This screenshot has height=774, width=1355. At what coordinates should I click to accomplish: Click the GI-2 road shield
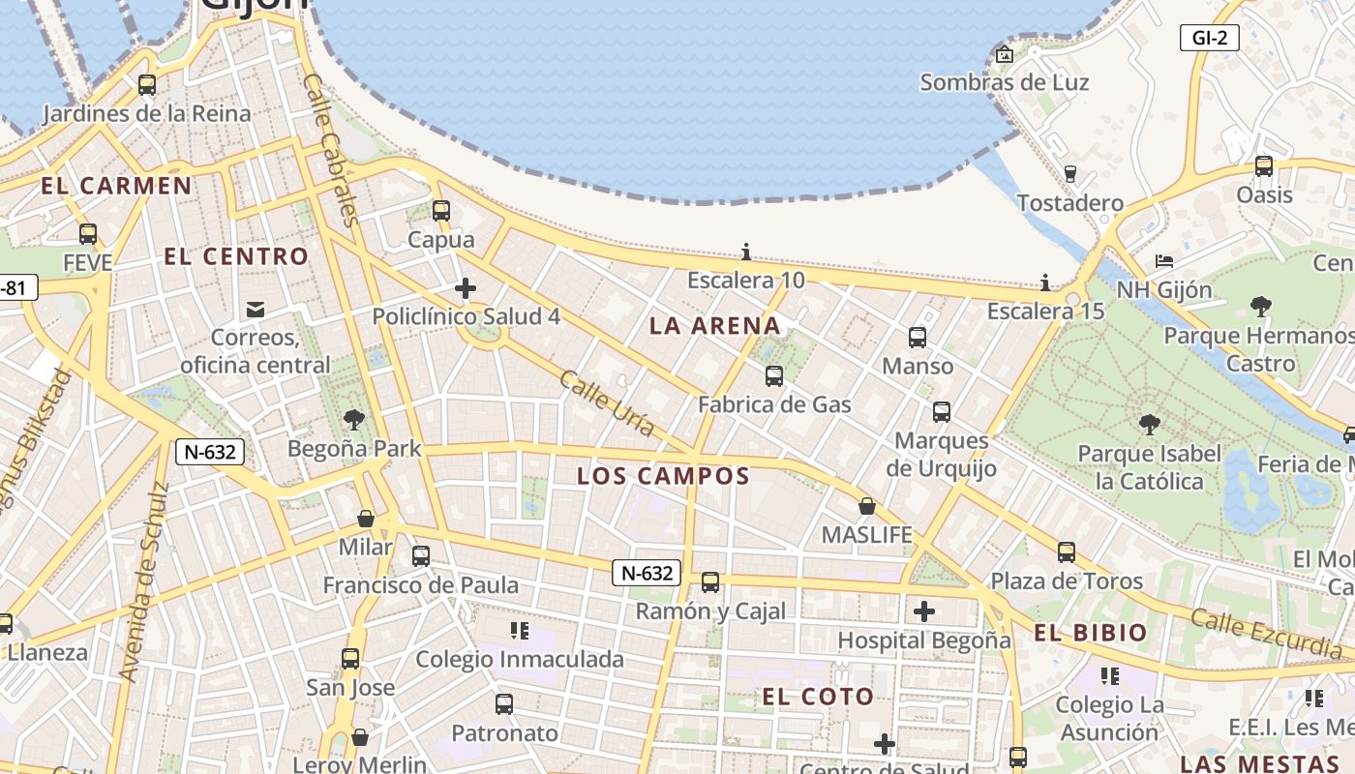pos(1210,38)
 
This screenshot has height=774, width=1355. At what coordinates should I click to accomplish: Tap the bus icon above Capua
pos(441,210)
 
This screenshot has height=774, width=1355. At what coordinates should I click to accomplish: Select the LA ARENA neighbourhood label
pos(714,326)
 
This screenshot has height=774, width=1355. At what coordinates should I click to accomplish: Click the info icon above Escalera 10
pos(745,253)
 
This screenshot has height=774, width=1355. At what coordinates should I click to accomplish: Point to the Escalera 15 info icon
pos(1045,283)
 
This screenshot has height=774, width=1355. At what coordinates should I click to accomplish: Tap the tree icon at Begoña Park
pos(354,420)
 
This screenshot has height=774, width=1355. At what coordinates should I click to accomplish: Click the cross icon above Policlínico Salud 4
pos(466,288)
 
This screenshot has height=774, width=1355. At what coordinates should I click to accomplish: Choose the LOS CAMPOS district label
pos(663,476)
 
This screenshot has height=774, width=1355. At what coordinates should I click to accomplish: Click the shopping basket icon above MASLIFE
pos(867,507)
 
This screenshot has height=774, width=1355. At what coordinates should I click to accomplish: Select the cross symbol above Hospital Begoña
pos(924,611)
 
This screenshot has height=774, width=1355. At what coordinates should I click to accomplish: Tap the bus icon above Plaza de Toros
pos(1066,552)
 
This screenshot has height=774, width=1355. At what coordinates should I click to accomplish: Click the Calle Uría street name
pos(607,403)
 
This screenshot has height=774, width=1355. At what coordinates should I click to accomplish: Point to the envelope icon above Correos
pos(256,310)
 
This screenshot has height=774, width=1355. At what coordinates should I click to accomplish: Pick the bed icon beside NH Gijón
pos(1164,262)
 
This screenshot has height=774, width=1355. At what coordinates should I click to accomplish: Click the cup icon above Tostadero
pos(1069,174)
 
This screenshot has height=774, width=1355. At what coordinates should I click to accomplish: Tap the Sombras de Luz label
pos(1004,83)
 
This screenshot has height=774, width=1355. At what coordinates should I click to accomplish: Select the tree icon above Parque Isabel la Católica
pos(1149,425)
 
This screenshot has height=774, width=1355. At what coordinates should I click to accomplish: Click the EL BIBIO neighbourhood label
pos(1091,634)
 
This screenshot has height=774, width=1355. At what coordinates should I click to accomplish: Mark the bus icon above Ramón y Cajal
pos(710,582)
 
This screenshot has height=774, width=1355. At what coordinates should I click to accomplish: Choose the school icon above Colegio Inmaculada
pos(520,631)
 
